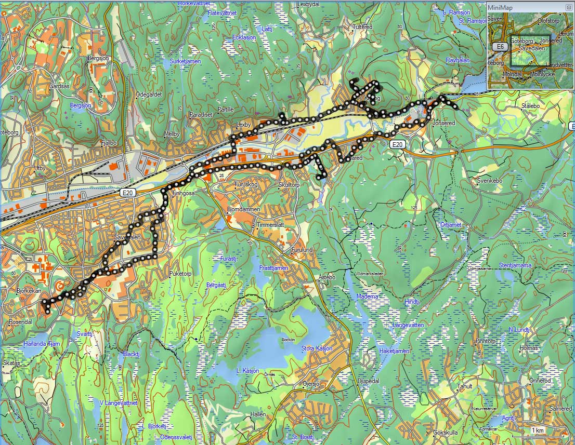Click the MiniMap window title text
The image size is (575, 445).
tap(500, 7)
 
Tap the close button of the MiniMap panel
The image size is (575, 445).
tap(568, 7)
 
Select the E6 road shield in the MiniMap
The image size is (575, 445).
tap(500, 47)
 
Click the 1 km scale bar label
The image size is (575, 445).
tap(537, 430)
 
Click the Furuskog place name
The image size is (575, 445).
tap(246, 184)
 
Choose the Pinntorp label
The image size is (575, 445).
tap(486, 341)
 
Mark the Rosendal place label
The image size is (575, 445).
tap(20, 322)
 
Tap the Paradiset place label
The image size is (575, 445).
tap(201, 114)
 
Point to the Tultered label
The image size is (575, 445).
tap(362, 26)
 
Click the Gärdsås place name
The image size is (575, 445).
tap(59, 86)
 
